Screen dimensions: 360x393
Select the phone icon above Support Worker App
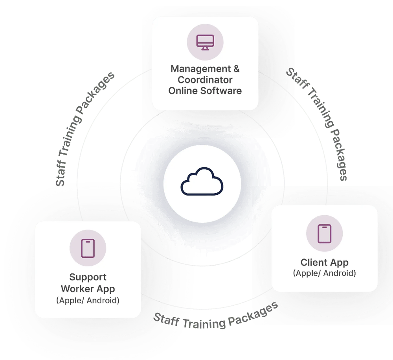[x=88, y=248]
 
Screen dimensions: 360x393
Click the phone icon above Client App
[x=325, y=234]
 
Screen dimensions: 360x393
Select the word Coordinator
[x=205, y=80]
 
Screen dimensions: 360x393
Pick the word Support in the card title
[x=88, y=277]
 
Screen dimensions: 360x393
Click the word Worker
[x=77, y=289]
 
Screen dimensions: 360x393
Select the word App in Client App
[x=340, y=262]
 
